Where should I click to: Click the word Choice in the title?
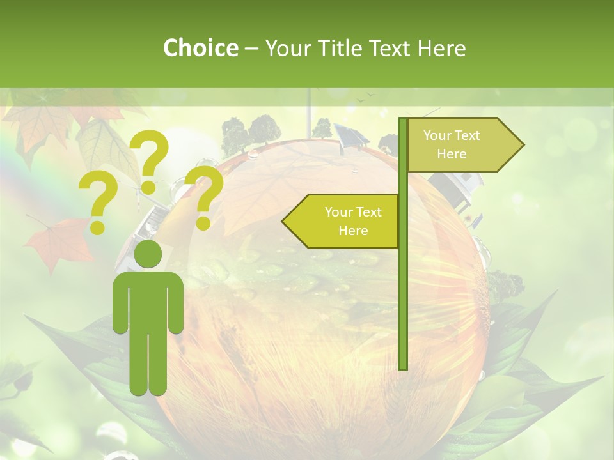coord(200,48)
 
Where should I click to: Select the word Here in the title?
coord(441,48)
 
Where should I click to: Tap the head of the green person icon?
coord(148,254)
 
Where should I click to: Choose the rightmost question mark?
coord(205,196)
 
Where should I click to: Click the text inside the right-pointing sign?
coord(452,144)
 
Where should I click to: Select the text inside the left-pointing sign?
coord(352,221)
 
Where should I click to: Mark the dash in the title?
coord(251,49)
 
